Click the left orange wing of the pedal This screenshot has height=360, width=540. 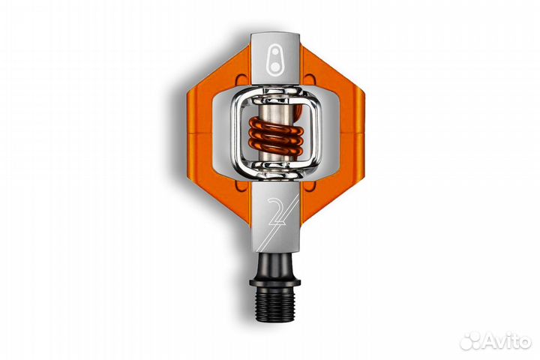tap(211, 135)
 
